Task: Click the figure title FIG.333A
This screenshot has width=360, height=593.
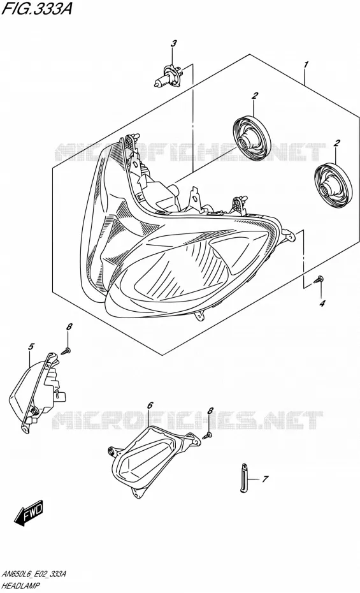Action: (x=36, y=8)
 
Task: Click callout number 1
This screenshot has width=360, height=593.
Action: (x=306, y=64)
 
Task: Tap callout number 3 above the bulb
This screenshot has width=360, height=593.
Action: (x=173, y=44)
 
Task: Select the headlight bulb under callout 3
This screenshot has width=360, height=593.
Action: (x=169, y=76)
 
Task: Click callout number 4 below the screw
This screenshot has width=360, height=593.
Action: (x=322, y=303)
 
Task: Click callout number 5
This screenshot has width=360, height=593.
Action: (x=31, y=346)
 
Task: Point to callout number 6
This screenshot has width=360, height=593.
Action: (x=150, y=406)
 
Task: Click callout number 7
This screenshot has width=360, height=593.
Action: (x=265, y=479)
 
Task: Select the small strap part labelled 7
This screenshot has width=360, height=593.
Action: (x=243, y=478)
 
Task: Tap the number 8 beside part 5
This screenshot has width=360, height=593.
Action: (x=69, y=327)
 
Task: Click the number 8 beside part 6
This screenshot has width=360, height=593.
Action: (x=210, y=411)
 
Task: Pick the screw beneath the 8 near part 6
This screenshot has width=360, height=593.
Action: (x=206, y=436)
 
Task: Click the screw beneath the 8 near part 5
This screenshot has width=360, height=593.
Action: (x=66, y=352)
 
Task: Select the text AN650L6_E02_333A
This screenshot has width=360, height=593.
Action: (x=34, y=575)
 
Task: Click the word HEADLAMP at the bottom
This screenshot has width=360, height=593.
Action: (x=21, y=585)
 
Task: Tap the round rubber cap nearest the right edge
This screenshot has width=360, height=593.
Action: (x=333, y=186)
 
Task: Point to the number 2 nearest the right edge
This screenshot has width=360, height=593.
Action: (x=336, y=143)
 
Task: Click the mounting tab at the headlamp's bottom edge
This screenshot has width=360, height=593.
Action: (x=200, y=315)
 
